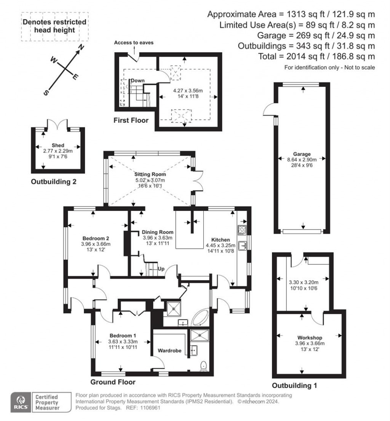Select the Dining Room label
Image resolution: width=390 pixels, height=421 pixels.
158,232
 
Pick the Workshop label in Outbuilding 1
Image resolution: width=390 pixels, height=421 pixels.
310,337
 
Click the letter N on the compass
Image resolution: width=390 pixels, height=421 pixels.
81,48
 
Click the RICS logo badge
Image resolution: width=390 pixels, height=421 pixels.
20,402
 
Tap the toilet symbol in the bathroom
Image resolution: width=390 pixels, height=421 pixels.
204,366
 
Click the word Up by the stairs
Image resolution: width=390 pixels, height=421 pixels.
161,269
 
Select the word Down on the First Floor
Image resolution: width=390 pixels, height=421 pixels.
137,81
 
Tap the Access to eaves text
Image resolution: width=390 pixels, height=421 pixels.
134,43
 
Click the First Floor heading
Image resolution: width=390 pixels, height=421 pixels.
131,121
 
